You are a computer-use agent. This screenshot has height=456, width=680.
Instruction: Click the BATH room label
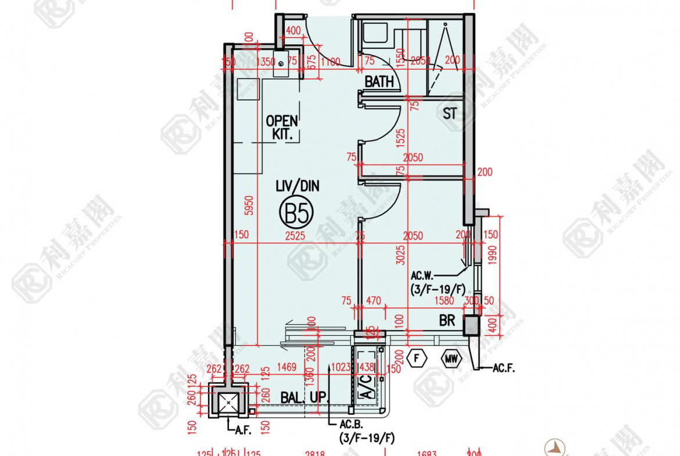pyautogui.click(x=379, y=82)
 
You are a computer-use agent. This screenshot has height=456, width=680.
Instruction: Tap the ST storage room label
pyautogui.click(x=450, y=113)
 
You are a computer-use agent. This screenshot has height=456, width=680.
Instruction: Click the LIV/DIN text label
pyautogui.click(x=297, y=186)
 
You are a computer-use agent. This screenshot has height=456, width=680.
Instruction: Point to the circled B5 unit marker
pyautogui.click(x=296, y=213)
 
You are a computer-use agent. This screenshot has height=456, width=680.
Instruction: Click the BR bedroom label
pyautogui.click(x=447, y=320)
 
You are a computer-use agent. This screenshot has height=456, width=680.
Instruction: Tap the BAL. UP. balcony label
pyautogui.click(x=305, y=398)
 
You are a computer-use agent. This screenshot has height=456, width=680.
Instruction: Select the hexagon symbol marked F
pyautogui.click(x=417, y=359)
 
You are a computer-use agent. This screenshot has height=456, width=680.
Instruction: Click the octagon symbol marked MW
pyautogui.click(x=452, y=359)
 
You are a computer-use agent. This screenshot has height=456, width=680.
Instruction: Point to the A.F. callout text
pyautogui.click(x=243, y=430)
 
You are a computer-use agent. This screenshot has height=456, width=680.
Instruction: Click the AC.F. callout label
pyautogui.click(x=503, y=368)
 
